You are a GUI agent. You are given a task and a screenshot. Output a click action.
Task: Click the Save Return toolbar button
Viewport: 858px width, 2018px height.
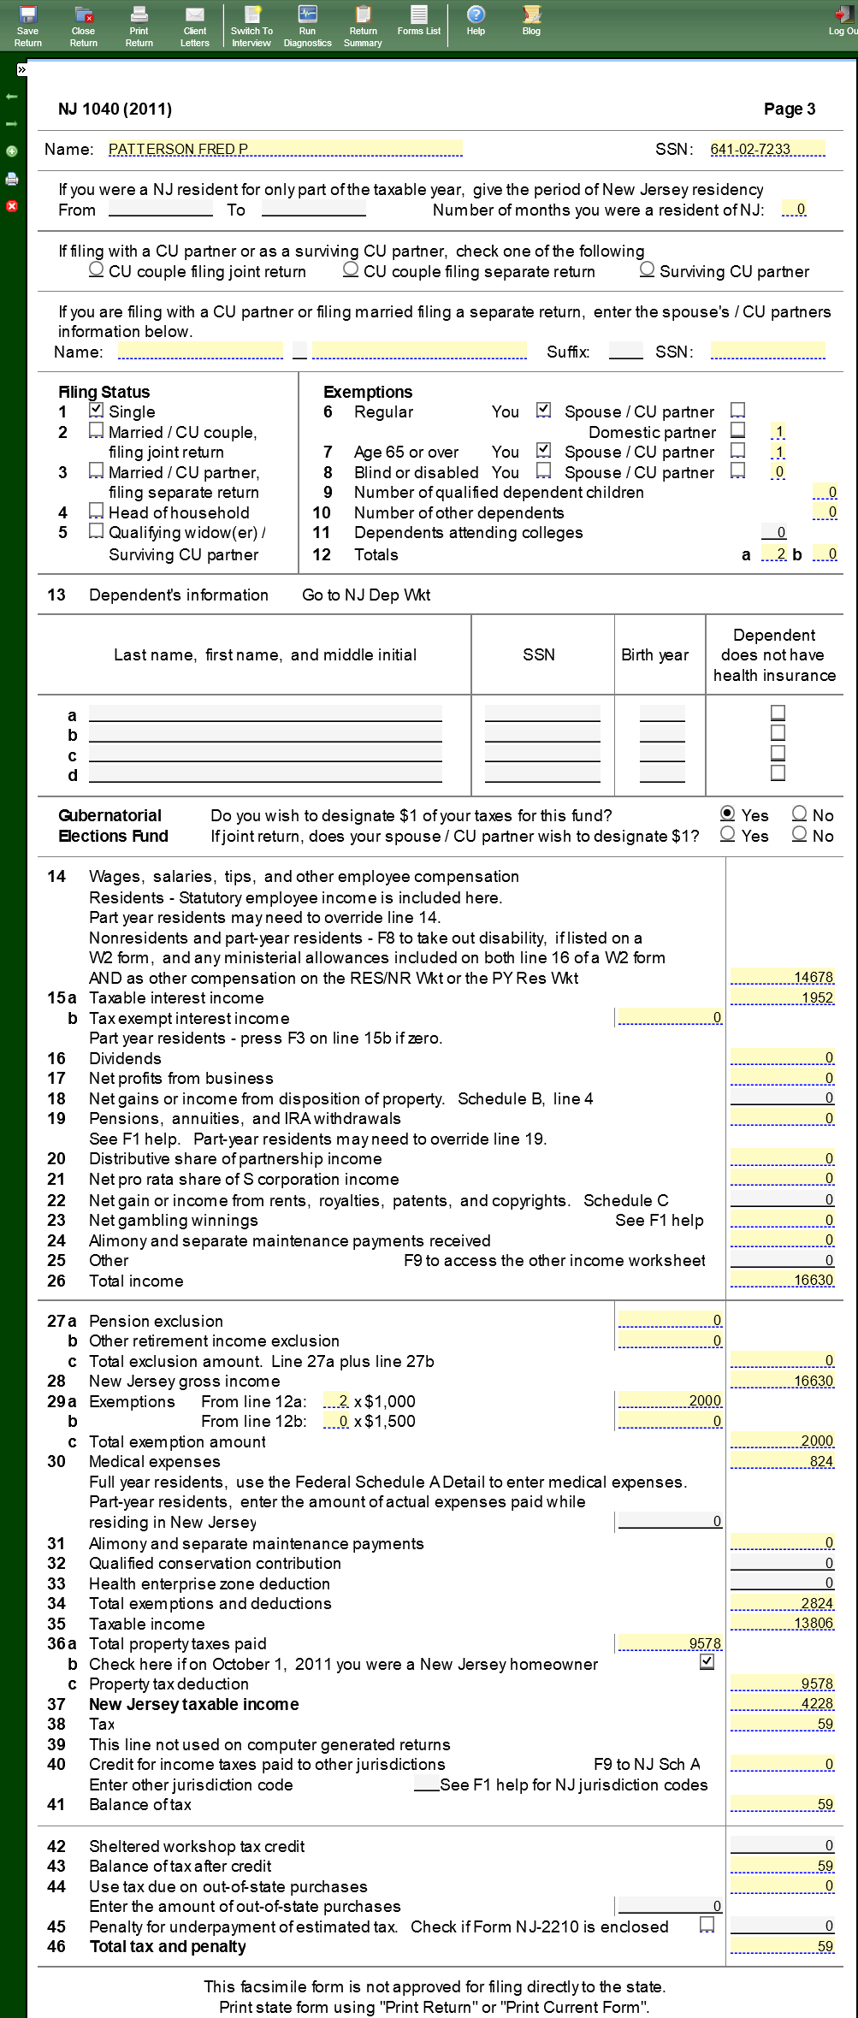coord(27,25)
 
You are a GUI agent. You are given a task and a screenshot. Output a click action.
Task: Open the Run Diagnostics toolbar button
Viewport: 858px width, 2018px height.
coord(307,25)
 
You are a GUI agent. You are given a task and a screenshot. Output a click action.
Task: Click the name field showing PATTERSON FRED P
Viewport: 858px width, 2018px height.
coord(285,149)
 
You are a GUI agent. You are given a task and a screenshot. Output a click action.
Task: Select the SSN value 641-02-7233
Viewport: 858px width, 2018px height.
coord(766,149)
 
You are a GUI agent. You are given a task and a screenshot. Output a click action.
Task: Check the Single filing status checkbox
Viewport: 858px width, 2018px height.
coord(97,411)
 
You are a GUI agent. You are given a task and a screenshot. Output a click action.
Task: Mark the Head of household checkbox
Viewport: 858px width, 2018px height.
coord(97,512)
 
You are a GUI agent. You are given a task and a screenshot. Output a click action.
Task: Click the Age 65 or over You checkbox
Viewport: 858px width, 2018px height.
coord(543,450)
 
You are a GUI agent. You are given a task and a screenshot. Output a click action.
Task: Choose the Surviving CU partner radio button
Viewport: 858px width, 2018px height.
coord(648,269)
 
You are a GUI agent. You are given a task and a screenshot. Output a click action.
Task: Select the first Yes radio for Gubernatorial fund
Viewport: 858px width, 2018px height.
coord(728,814)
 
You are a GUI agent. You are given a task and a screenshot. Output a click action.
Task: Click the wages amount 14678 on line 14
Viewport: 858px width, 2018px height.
coord(782,977)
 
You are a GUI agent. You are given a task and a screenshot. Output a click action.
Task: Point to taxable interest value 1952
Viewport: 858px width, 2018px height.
coord(782,997)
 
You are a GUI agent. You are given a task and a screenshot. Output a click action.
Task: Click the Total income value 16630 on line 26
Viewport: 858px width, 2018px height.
coord(782,1280)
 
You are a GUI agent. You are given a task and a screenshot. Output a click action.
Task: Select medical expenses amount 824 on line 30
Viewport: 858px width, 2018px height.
coord(782,1461)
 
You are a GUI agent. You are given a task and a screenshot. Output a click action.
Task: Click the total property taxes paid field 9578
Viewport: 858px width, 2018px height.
coord(669,1643)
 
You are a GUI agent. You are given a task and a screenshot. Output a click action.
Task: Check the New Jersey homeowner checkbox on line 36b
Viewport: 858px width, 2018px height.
coord(707,1662)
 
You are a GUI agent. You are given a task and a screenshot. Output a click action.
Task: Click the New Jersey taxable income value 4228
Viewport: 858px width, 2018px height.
coord(782,1703)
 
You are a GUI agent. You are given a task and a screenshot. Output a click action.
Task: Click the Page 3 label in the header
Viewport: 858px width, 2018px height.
coord(789,109)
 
